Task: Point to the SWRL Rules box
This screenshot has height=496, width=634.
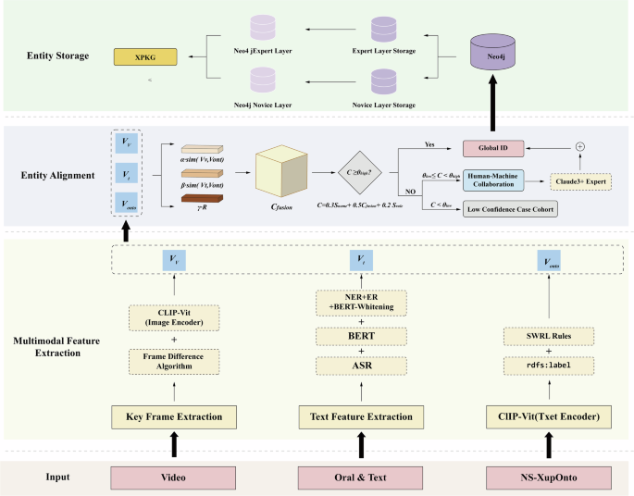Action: [547, 335]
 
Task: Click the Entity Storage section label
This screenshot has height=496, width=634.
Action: [58, 56]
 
